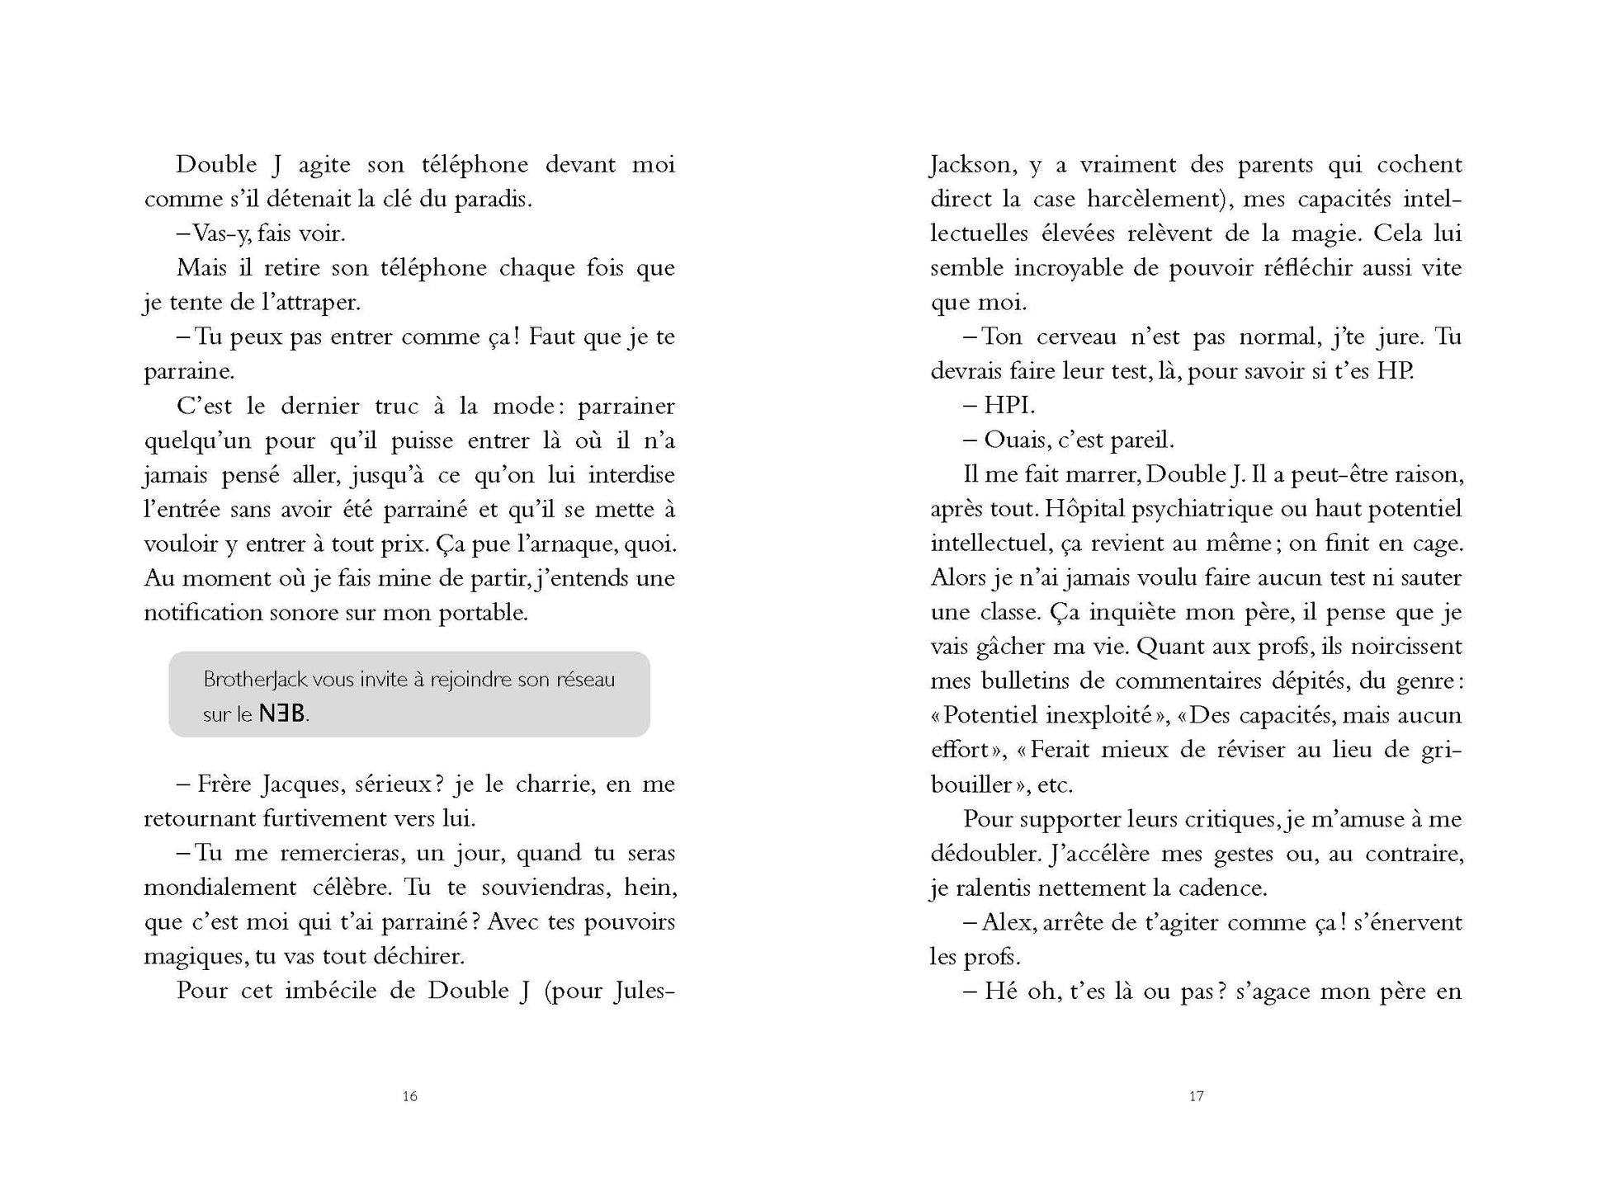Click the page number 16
410,1096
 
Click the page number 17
1197,1096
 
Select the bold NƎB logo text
282,714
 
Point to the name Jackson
971,165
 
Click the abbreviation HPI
1008,406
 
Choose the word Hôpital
1084,509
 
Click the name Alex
1007,922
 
